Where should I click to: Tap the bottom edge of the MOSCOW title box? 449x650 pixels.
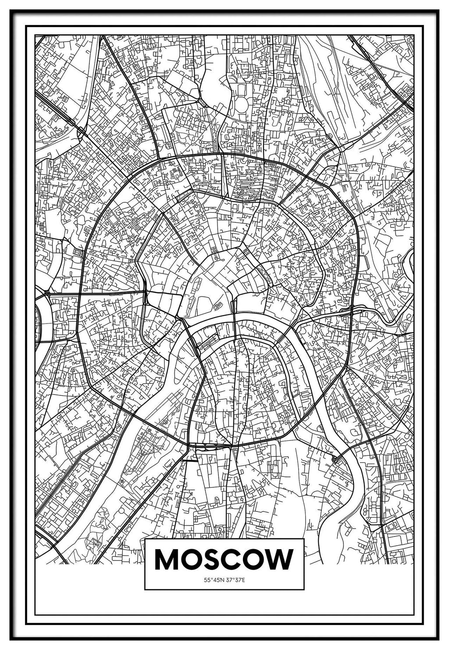[x=224, y=589]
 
